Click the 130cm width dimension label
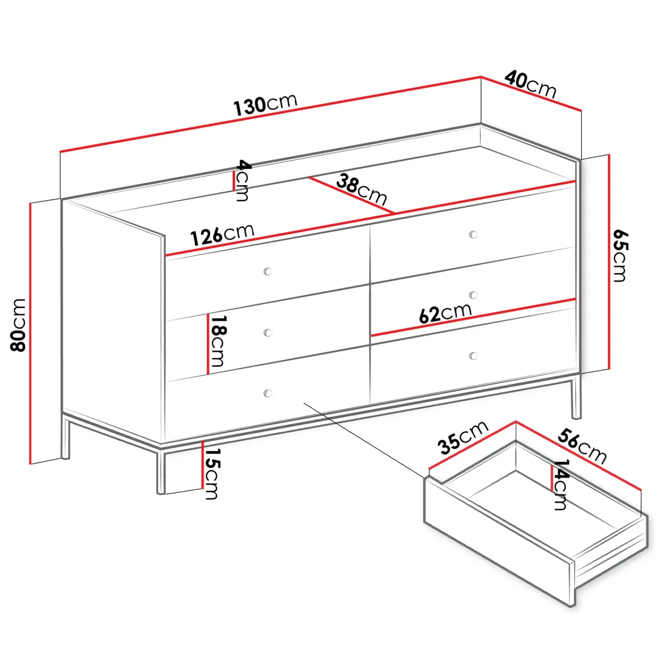265,104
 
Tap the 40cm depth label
530,84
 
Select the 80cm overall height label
18,325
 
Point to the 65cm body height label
620,256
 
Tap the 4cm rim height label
243,180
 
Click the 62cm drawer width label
445,313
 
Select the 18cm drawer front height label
218,341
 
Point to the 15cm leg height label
212,473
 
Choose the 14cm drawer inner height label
560,485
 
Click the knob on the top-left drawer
268,272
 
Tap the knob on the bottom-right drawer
473,356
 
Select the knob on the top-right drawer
473,235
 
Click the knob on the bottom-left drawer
268,393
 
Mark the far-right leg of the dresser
576,398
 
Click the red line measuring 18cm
207,344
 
